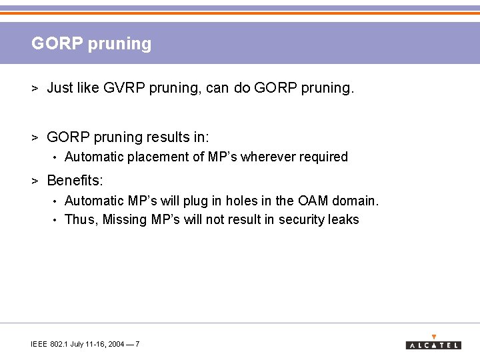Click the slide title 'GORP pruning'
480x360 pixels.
coord(91,44)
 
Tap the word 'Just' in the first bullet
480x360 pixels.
coord(60,87)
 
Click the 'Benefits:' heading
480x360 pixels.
coord(75,181)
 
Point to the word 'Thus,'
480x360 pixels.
coord(81,220)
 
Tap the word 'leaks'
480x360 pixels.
coord(343,220)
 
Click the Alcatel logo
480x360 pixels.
coord(433,343)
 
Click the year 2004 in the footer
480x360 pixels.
coord(116,344)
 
